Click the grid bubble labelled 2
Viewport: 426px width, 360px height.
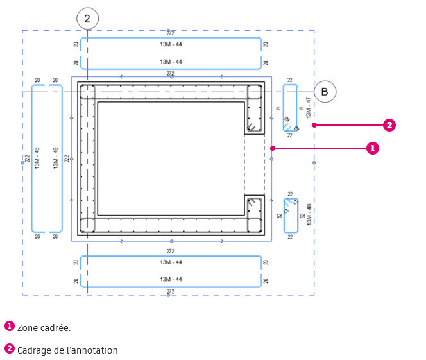tap(87, 19)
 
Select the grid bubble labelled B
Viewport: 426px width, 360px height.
tap(325, 92)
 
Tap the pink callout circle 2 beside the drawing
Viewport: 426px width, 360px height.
tap(389, 125)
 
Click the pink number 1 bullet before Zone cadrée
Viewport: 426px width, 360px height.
tap(9, 326)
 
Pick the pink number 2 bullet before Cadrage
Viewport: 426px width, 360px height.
tap(9, 349)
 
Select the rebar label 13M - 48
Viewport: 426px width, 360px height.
tap(309, 214)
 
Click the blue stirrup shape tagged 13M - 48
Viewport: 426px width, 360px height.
tap(291, 215)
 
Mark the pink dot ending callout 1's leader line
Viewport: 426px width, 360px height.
tap(273, 148)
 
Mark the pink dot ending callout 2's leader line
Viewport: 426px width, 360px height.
tap(314, 125)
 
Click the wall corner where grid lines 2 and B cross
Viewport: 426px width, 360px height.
tap(87, 92)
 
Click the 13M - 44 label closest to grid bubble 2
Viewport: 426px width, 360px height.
tap(171, 44)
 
